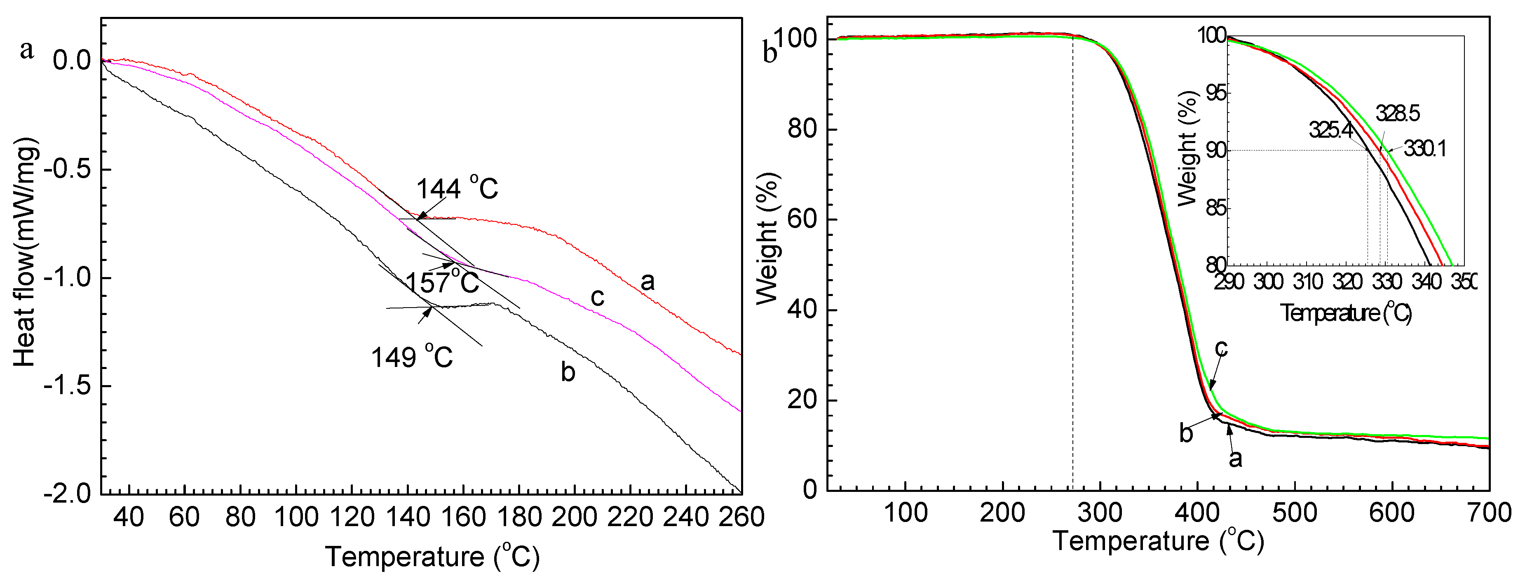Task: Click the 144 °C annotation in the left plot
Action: click(x=457, y=189)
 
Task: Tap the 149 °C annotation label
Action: click(x=412, y=357)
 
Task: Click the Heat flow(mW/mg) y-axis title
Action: click(x=25, y=254)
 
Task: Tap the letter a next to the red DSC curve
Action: click(x=648, y=282)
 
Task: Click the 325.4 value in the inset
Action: click(x=1330, y=130)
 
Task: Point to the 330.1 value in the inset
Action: click(x=1424, y=149)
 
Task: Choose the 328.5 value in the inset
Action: click(x=1397, y=113)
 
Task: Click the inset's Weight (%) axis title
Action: click(x=1187, y=148)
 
